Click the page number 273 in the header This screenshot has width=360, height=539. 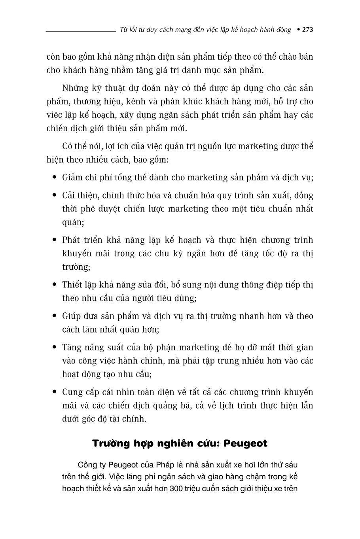307,30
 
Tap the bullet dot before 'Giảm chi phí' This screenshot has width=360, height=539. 54,177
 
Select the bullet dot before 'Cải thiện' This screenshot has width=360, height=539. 54,195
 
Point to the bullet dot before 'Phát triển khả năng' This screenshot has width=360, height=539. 54,240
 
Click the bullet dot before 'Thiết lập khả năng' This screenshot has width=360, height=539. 54,285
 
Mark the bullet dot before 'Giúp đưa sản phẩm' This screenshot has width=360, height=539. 54,316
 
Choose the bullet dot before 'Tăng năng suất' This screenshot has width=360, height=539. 54,347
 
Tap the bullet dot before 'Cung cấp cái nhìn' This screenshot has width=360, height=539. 54,392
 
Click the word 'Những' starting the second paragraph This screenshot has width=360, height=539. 74,88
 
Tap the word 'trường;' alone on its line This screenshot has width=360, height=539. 76,267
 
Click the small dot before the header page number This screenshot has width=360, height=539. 298,30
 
